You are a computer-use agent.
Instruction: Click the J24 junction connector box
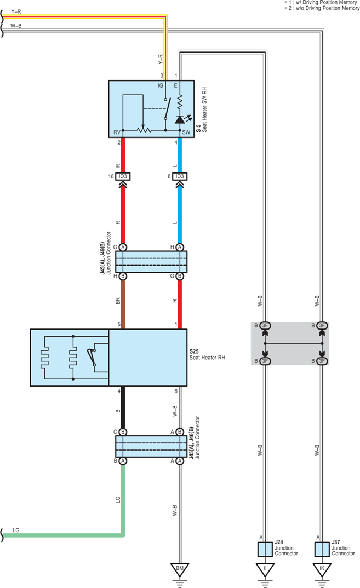(x=265, y=549)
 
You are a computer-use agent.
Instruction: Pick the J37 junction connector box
(x=322, y=549)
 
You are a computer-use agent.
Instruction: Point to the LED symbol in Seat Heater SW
(x=181, y=119)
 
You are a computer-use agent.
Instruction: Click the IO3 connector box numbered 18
(x=123, y=176)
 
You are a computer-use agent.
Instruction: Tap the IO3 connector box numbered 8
(x=180, y=176)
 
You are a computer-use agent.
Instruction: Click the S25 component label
(x=194, y=351)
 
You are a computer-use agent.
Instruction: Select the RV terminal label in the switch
(x=117, y=132)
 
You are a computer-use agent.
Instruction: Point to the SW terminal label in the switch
(x=186, y=132)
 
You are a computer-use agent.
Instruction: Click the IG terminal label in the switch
(x=161, y=85)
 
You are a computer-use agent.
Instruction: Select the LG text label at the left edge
(x=16, y=531)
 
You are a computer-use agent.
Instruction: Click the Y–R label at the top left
(x=16, y=11)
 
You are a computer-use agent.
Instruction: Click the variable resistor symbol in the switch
(x=144, y=130)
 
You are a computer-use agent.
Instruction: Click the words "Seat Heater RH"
(x=207, y=358)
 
